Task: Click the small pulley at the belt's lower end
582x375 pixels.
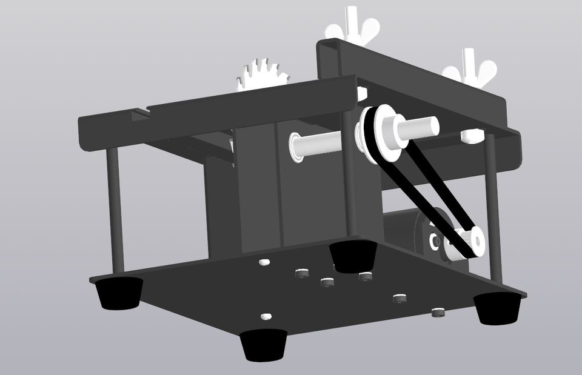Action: (x=470, y=242)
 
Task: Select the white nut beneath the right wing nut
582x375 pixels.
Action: (x=472, y=136)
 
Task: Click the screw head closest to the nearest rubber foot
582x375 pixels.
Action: (x=265, y=317)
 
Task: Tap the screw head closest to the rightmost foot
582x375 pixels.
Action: (x=438, y=313)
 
